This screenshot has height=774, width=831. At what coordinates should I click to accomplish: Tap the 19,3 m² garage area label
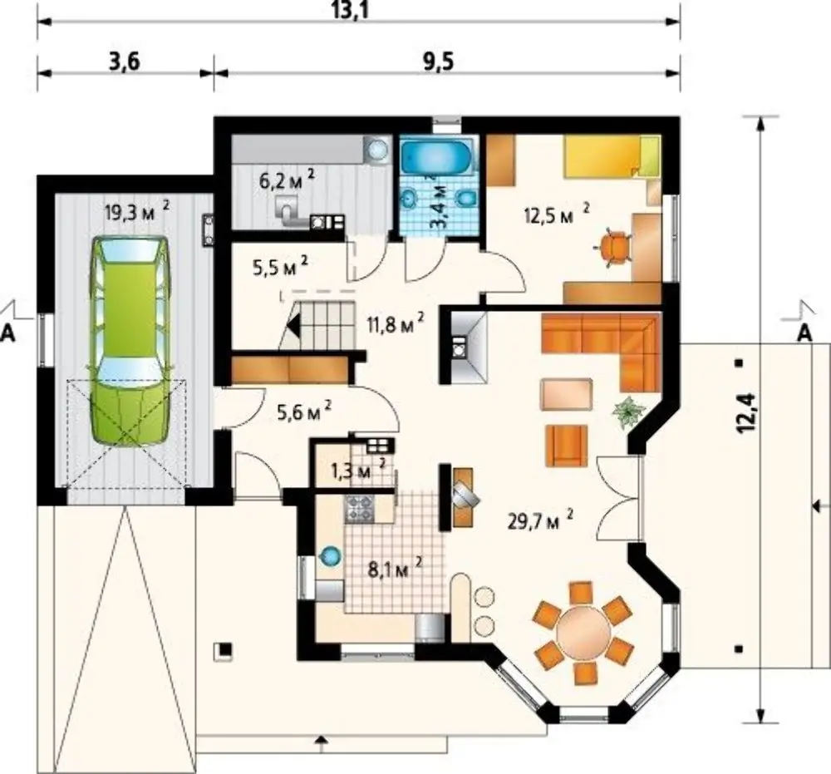pos(138,212)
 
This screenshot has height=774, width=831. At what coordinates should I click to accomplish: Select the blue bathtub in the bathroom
pos(437,155)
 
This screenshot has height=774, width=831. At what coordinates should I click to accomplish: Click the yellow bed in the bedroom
pos(612,156)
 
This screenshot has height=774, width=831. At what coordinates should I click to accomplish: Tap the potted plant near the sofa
pos(629,411)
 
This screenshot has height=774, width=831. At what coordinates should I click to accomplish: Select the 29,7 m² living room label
pos(541,520)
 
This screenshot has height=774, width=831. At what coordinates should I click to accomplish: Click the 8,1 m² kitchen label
pos(395,569)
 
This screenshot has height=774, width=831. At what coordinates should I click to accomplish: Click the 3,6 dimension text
pos(124,62)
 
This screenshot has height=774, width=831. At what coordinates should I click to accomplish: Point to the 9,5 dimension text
pos(438,62)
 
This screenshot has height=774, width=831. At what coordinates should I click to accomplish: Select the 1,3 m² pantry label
pos(357,469)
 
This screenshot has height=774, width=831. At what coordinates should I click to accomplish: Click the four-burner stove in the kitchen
pos(359,509)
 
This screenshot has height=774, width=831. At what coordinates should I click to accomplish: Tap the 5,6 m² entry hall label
pos(305,411)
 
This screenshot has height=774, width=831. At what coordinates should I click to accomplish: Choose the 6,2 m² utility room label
pos(287,180)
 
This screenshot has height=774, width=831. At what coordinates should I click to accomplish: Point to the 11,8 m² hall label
pos(396,323)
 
